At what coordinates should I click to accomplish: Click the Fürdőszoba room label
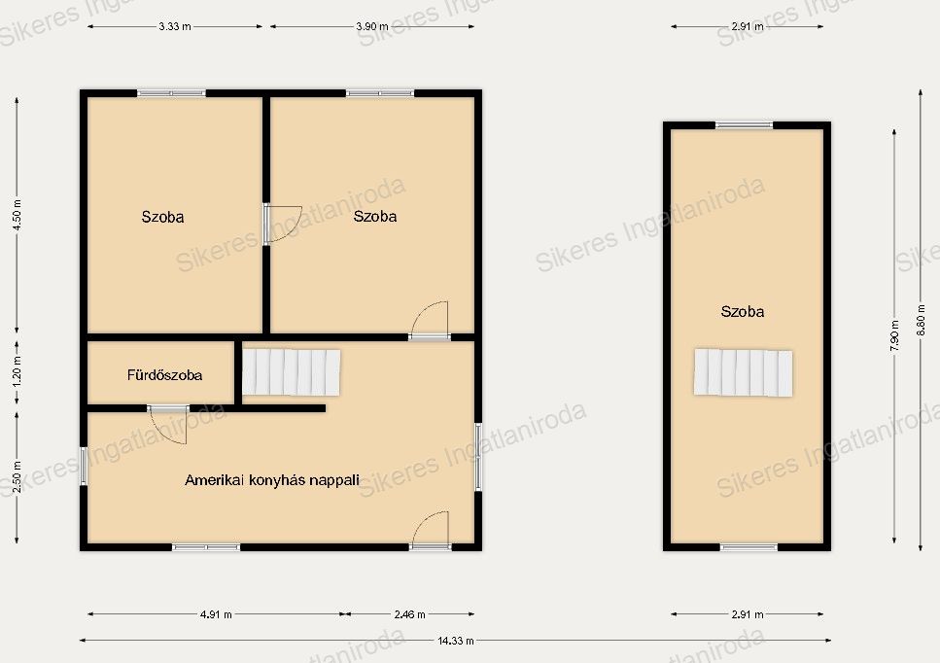164,375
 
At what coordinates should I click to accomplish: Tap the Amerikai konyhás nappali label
272,480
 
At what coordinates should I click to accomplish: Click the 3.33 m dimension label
174,26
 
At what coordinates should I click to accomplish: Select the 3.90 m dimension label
371,26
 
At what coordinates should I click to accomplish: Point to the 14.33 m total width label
456,641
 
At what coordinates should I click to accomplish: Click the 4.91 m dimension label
216,613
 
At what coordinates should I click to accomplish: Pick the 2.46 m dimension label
409,613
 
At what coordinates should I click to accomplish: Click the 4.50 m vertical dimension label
17,215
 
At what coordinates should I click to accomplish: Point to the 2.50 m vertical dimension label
17,477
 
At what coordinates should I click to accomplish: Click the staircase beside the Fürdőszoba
291,372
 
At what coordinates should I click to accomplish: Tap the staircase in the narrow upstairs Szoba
744,372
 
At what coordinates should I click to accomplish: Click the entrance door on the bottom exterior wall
430,530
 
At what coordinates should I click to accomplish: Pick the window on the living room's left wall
84,466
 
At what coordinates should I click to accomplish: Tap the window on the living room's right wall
478,457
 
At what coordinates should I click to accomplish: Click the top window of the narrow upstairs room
744,125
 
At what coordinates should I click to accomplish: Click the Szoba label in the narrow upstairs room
742,312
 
